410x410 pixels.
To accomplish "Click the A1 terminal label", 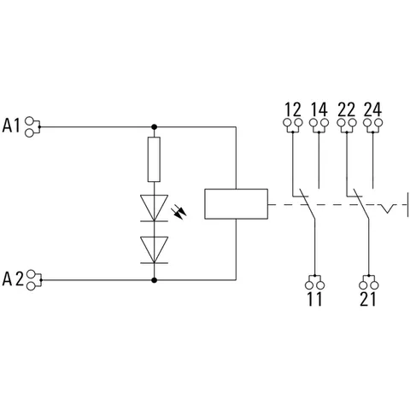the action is pos(11,126).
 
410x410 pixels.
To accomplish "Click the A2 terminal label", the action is pos(13,278).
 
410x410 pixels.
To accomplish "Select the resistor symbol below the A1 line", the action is pos(154,159).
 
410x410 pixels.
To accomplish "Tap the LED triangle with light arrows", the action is pos(154,208).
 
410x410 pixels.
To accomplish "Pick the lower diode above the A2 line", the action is pos(154,250).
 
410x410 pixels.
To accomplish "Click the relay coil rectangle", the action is pos(236,204).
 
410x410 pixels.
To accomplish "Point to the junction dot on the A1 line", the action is pos(154,126).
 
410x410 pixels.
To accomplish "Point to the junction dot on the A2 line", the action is pos(154,280).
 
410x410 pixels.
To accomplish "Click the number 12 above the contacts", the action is pos(293,109).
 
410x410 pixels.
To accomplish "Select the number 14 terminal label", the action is pos(319,109).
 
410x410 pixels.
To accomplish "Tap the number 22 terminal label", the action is pos(347,109).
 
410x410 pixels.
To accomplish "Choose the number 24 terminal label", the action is pos(372,109).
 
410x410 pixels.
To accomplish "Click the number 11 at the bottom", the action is pos(314,299).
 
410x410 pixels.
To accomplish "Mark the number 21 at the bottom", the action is pos(368,299).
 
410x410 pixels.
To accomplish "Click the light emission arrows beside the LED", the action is pos(179,213).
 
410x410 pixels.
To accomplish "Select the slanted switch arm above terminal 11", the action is pos(307,204).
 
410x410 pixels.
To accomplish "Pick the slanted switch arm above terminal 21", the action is pos(360,204).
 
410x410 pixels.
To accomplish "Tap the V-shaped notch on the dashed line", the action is pos(387,208).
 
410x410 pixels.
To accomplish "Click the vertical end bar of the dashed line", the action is pos(407,204).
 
